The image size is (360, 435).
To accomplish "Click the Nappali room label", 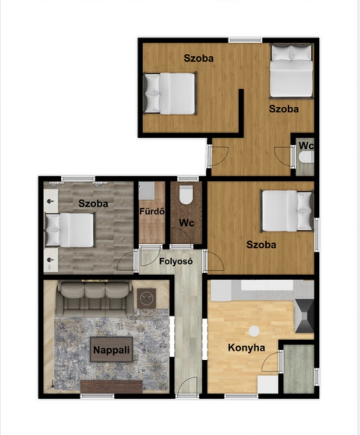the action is [111, 350].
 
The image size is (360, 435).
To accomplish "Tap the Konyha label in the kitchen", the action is [247, 348].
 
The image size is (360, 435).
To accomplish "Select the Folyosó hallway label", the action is [176, 261].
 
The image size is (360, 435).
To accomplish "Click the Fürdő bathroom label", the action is [152, 211].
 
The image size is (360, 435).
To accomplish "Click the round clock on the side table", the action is [146, 299].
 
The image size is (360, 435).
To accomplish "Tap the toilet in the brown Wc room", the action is [186, 195].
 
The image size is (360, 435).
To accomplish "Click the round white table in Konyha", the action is [254, 331].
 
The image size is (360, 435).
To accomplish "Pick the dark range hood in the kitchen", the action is [304, 316].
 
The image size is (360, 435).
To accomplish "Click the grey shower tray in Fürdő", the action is [147, 190].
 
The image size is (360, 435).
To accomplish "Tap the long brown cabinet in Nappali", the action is [111, 386].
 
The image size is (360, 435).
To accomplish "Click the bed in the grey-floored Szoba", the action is [70, 230].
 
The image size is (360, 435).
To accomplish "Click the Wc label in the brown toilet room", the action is [187, 223].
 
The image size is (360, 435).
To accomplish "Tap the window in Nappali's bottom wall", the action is [97, 396].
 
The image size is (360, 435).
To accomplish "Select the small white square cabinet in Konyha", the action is [268, 384].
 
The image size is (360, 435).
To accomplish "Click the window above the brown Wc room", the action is [188, 179].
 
